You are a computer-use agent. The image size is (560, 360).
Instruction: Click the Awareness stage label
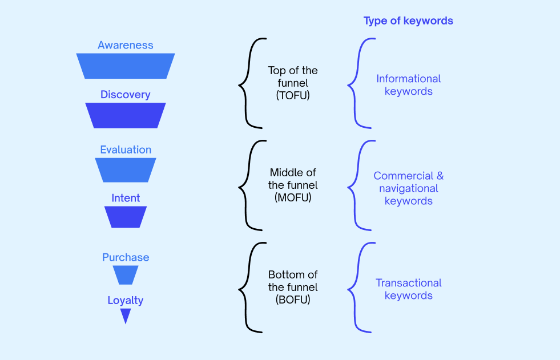tap(126, 45)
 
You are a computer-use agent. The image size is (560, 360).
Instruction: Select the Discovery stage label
tap(126, 95)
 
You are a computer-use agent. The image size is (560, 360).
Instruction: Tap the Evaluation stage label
tap(126, 149)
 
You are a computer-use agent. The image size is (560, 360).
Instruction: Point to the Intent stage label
tap(126, 198)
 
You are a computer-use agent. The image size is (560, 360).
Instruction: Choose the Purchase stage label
tap(126, 257)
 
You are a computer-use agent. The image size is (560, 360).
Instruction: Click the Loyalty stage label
tap(126, 300)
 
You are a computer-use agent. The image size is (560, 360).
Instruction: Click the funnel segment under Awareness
tap(126, 66)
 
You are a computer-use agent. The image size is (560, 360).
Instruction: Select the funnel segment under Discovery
tap(126, 115)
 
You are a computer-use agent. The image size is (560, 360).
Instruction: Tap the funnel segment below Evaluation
tap(126, 170)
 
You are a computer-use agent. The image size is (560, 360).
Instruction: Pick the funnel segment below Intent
tap(126, 217)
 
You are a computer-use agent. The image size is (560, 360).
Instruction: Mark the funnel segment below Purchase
tap(126, 275)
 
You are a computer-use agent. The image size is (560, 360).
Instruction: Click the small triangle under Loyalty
tap(126, 314)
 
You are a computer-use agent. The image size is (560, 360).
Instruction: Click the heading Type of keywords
tap(408, 21)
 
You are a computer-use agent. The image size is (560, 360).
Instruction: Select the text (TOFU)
tap(293, 96)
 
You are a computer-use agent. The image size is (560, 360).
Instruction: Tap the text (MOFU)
tap(293, 197)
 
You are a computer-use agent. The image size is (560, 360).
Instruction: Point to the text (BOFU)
tap(293, 300)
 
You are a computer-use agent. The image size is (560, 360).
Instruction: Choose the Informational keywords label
tap(409, 85)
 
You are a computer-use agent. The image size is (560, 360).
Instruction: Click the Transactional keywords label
tap(409, 289)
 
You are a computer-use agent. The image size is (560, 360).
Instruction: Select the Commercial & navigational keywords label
tap(409, 188)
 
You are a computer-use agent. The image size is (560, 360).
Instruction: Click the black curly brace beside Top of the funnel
tap(248, 83)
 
